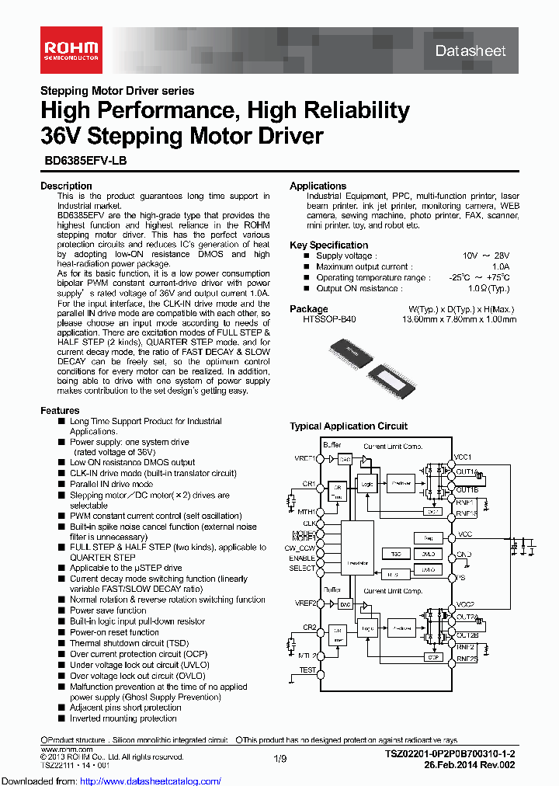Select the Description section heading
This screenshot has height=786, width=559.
coord(66,186)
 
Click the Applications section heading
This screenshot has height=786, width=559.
coord(318,186)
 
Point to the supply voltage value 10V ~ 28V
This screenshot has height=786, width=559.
coord(486,256)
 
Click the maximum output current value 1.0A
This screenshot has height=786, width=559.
coord(499,266)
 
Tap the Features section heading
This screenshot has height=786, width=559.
coord(60,410)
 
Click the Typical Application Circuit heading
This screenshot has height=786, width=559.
coord(349,426)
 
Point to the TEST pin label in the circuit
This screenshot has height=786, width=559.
coord(307,669)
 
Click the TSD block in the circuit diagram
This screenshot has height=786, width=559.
coord(396,554)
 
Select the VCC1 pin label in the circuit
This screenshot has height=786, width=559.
coord(465,457)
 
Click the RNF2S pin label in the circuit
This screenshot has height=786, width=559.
coord(467,659)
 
